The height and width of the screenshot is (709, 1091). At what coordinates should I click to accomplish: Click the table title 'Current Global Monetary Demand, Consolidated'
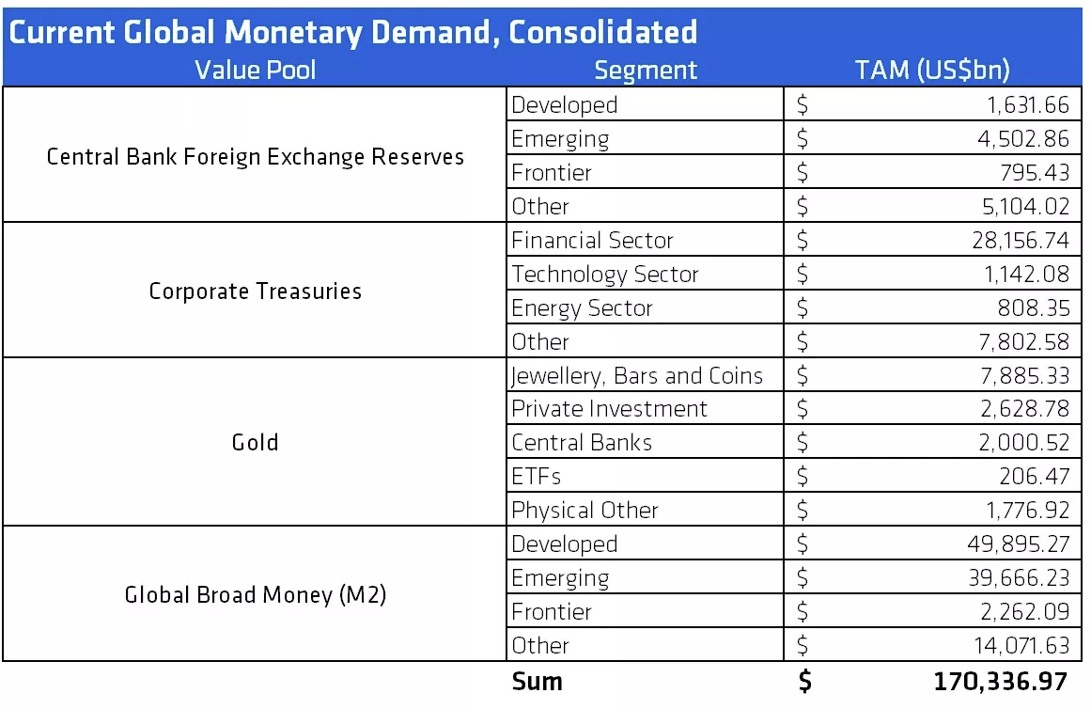pos(353,32)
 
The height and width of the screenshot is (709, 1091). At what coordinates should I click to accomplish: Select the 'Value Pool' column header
pos(255,71)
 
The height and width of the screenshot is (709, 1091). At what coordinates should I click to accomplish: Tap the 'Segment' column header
pos(646,71)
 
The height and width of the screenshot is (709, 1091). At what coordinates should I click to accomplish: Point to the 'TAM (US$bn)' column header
pos(932,71)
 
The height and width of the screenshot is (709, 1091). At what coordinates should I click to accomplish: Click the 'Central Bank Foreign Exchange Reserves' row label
pos(255,156)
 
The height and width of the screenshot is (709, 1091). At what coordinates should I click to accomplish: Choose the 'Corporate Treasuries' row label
pos(255,291)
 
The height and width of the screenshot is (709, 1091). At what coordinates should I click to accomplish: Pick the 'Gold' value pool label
pos(255,442)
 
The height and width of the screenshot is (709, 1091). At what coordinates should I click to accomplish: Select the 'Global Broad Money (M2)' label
pos(255,595)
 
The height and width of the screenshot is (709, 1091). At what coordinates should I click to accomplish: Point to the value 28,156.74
pos(1021,241)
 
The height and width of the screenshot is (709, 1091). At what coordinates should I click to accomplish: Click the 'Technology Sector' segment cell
pos(605,275)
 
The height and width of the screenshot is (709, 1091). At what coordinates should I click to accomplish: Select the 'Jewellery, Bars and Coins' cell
pos(637,376)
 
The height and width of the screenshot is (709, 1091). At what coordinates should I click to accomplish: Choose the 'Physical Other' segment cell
pos(584,511)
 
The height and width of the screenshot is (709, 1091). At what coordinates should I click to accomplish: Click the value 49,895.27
pos(1021,544)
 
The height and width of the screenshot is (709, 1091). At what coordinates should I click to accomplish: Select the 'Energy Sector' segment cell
pos(582,308)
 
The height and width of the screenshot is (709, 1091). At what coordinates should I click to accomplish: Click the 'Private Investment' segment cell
pos(609,409)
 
